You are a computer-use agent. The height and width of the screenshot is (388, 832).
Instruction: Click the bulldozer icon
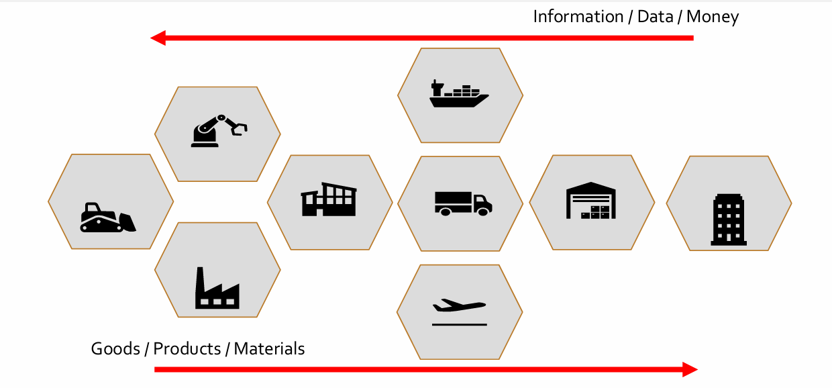pyautogui.click(x=108, y=217)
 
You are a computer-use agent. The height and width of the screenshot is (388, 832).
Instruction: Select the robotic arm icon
pyautogui.click(x=219, y=131)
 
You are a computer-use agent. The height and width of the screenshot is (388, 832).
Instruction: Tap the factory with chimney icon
pyautogui.click(x=217, y=288)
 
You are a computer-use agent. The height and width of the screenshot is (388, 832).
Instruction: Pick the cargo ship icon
pyautogui.click(x=459, y=94)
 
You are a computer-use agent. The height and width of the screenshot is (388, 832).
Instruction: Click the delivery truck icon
pyautogui.click(x=463, y=203)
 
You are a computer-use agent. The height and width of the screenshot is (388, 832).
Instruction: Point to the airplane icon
pyautogui.click(x=460, y=312)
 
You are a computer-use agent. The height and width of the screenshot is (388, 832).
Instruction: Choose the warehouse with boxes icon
pyautogui.click(x=591, y=200)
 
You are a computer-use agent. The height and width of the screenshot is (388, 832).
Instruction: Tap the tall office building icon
pyautogui.click(x=729, y=220)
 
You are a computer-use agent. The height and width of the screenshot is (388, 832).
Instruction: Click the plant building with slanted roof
pyautogui.click(x=329, y=199)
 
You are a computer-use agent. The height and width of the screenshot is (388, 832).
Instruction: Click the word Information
pyautogui.click(x=578, y=17)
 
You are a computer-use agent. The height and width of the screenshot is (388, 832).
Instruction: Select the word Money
pyautogui.click(x=713, y=17)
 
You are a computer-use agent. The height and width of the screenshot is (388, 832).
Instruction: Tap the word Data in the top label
pyautogui.click(x=655, y=17)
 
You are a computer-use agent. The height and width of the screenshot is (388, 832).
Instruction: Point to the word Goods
pyautogui.click(x=115, y=348)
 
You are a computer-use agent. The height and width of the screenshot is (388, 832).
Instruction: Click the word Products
pyautogui.click(x=187, y=348)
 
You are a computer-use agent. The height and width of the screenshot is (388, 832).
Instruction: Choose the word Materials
pyautogui.click(x=269, y=348)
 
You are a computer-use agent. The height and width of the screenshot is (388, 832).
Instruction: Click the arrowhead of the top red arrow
pyautogui.click(x=158, y=38)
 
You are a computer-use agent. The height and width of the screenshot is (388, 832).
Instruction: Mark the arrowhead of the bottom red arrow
pyautogui.click(x=690, y=369)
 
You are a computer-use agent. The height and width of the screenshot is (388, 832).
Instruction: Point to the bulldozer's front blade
pyautogui.click(x=128, y=222)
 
